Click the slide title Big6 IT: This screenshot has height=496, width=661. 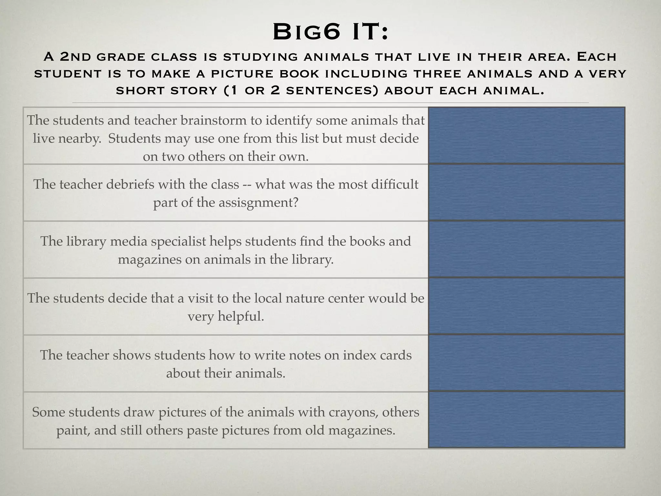(330, 33)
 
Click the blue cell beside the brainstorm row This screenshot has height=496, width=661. (526, 136)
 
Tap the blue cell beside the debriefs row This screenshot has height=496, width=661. (526, 193)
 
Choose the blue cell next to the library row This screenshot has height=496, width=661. (526, 250)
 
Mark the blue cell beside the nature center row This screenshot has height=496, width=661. (526, 306)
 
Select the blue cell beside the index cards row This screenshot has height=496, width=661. (526, 363)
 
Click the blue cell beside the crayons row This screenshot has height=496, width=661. (526, 420)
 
